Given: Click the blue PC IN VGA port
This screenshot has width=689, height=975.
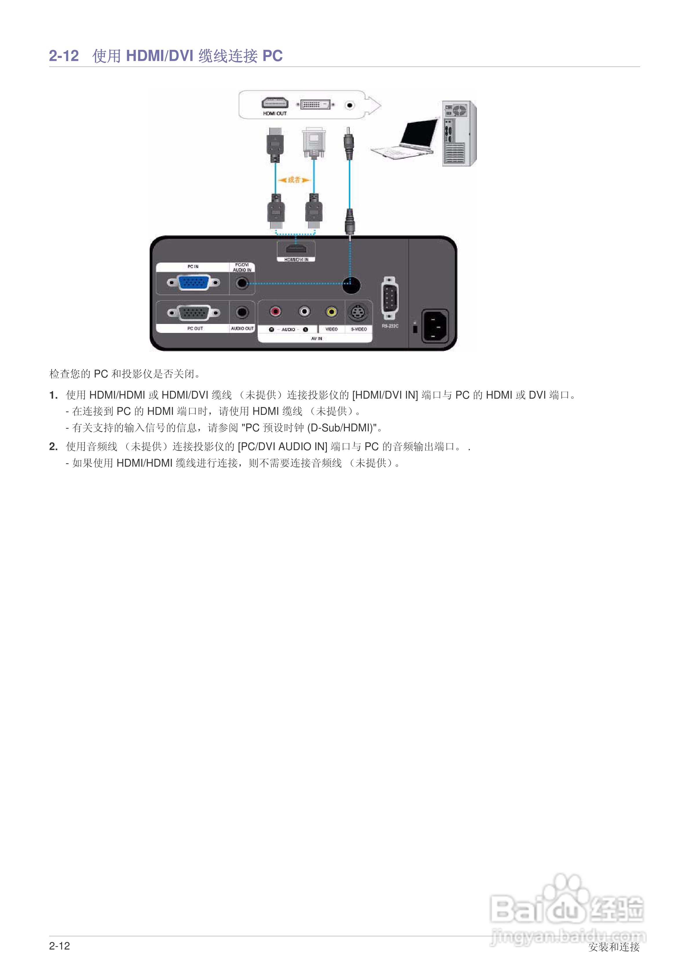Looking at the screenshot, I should (193, 282).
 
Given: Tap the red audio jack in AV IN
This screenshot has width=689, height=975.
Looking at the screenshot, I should (275, 312).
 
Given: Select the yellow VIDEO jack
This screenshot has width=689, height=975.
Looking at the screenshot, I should (331, 312).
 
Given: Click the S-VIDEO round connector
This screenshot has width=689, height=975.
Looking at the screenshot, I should (358, 313).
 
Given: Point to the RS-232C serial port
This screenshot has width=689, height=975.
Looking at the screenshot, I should (390, 298).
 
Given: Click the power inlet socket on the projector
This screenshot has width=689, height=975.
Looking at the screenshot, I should (435, 325).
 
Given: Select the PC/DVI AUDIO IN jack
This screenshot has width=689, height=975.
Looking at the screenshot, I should (242, 283).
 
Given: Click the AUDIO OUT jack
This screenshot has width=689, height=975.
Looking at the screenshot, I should (242, 313).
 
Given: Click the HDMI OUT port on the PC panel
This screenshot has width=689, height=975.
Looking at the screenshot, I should (274, 103).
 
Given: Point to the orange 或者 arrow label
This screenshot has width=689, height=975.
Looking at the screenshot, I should (294, 180).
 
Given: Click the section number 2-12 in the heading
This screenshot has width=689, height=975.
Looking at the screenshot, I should (64, 56).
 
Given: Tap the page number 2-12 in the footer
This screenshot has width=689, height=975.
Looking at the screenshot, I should (59, 946).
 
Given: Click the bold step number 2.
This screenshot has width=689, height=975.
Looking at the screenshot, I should (53, 446).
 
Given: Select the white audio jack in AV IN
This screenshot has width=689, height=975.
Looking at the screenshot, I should (304, 312).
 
